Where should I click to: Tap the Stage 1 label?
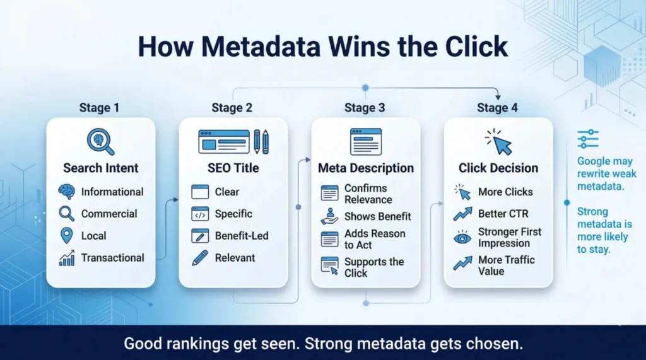[x=99, y=108]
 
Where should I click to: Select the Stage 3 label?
[x=365, y=108]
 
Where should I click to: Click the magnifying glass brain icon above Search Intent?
[x=100, y=142]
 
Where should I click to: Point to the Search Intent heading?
[x=101, y=168]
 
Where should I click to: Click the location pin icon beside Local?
[x=66, y=236]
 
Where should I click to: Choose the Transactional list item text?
[x=112, y=257]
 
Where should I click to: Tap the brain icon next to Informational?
[x=66, y=192]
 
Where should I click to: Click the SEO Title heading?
[x=233, y=168]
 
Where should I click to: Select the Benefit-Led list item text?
[x=242, y=235]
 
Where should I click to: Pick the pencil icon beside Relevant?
[x=199, y=257]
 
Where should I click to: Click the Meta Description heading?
[x=366, y=168]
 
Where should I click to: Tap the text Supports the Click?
[x=374, y=267]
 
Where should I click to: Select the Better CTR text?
[x=503, y=214]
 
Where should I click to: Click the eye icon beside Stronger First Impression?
[x=462, y=238]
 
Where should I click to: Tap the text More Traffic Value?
[x=507, y=265]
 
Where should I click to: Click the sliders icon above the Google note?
[x=588, y=139]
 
